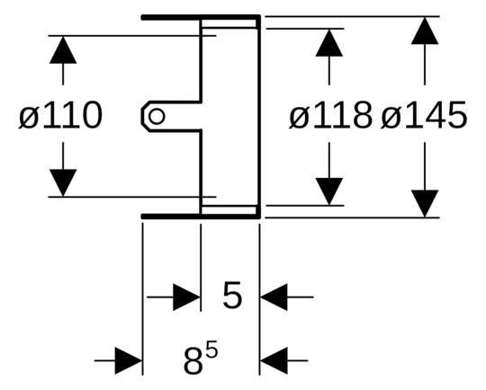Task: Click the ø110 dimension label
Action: pos(60,115)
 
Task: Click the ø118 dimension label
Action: pos(330,115)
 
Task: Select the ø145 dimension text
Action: pos(424,115)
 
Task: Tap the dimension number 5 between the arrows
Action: pos(232,295)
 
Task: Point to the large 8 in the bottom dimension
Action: pos(193,360)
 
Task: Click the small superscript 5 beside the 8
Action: pos(212,352)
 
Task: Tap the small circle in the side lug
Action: pos(157,117)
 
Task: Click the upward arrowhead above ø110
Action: pos(63,49)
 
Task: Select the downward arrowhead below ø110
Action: pos(63,182)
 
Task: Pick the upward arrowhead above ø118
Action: pos(329,43)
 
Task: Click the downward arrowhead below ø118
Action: pos(329,191)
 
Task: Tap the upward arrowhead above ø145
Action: pos(425,31)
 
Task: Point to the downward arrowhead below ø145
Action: pos(425,204)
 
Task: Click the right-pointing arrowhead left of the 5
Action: pos(186,297)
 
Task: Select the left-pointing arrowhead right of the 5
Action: pos(274,297)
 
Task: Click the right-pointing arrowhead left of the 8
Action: pos(129,360)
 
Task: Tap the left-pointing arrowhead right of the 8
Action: pos(274,360)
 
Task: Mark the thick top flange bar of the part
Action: pos(201,17)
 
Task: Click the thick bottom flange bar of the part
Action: pos(201,216)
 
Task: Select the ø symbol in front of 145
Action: pos(391,118)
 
